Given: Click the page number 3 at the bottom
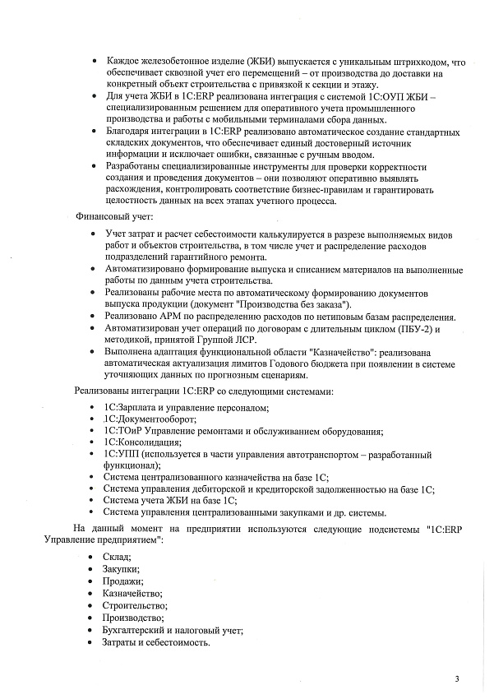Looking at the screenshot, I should (x=456, y=679).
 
